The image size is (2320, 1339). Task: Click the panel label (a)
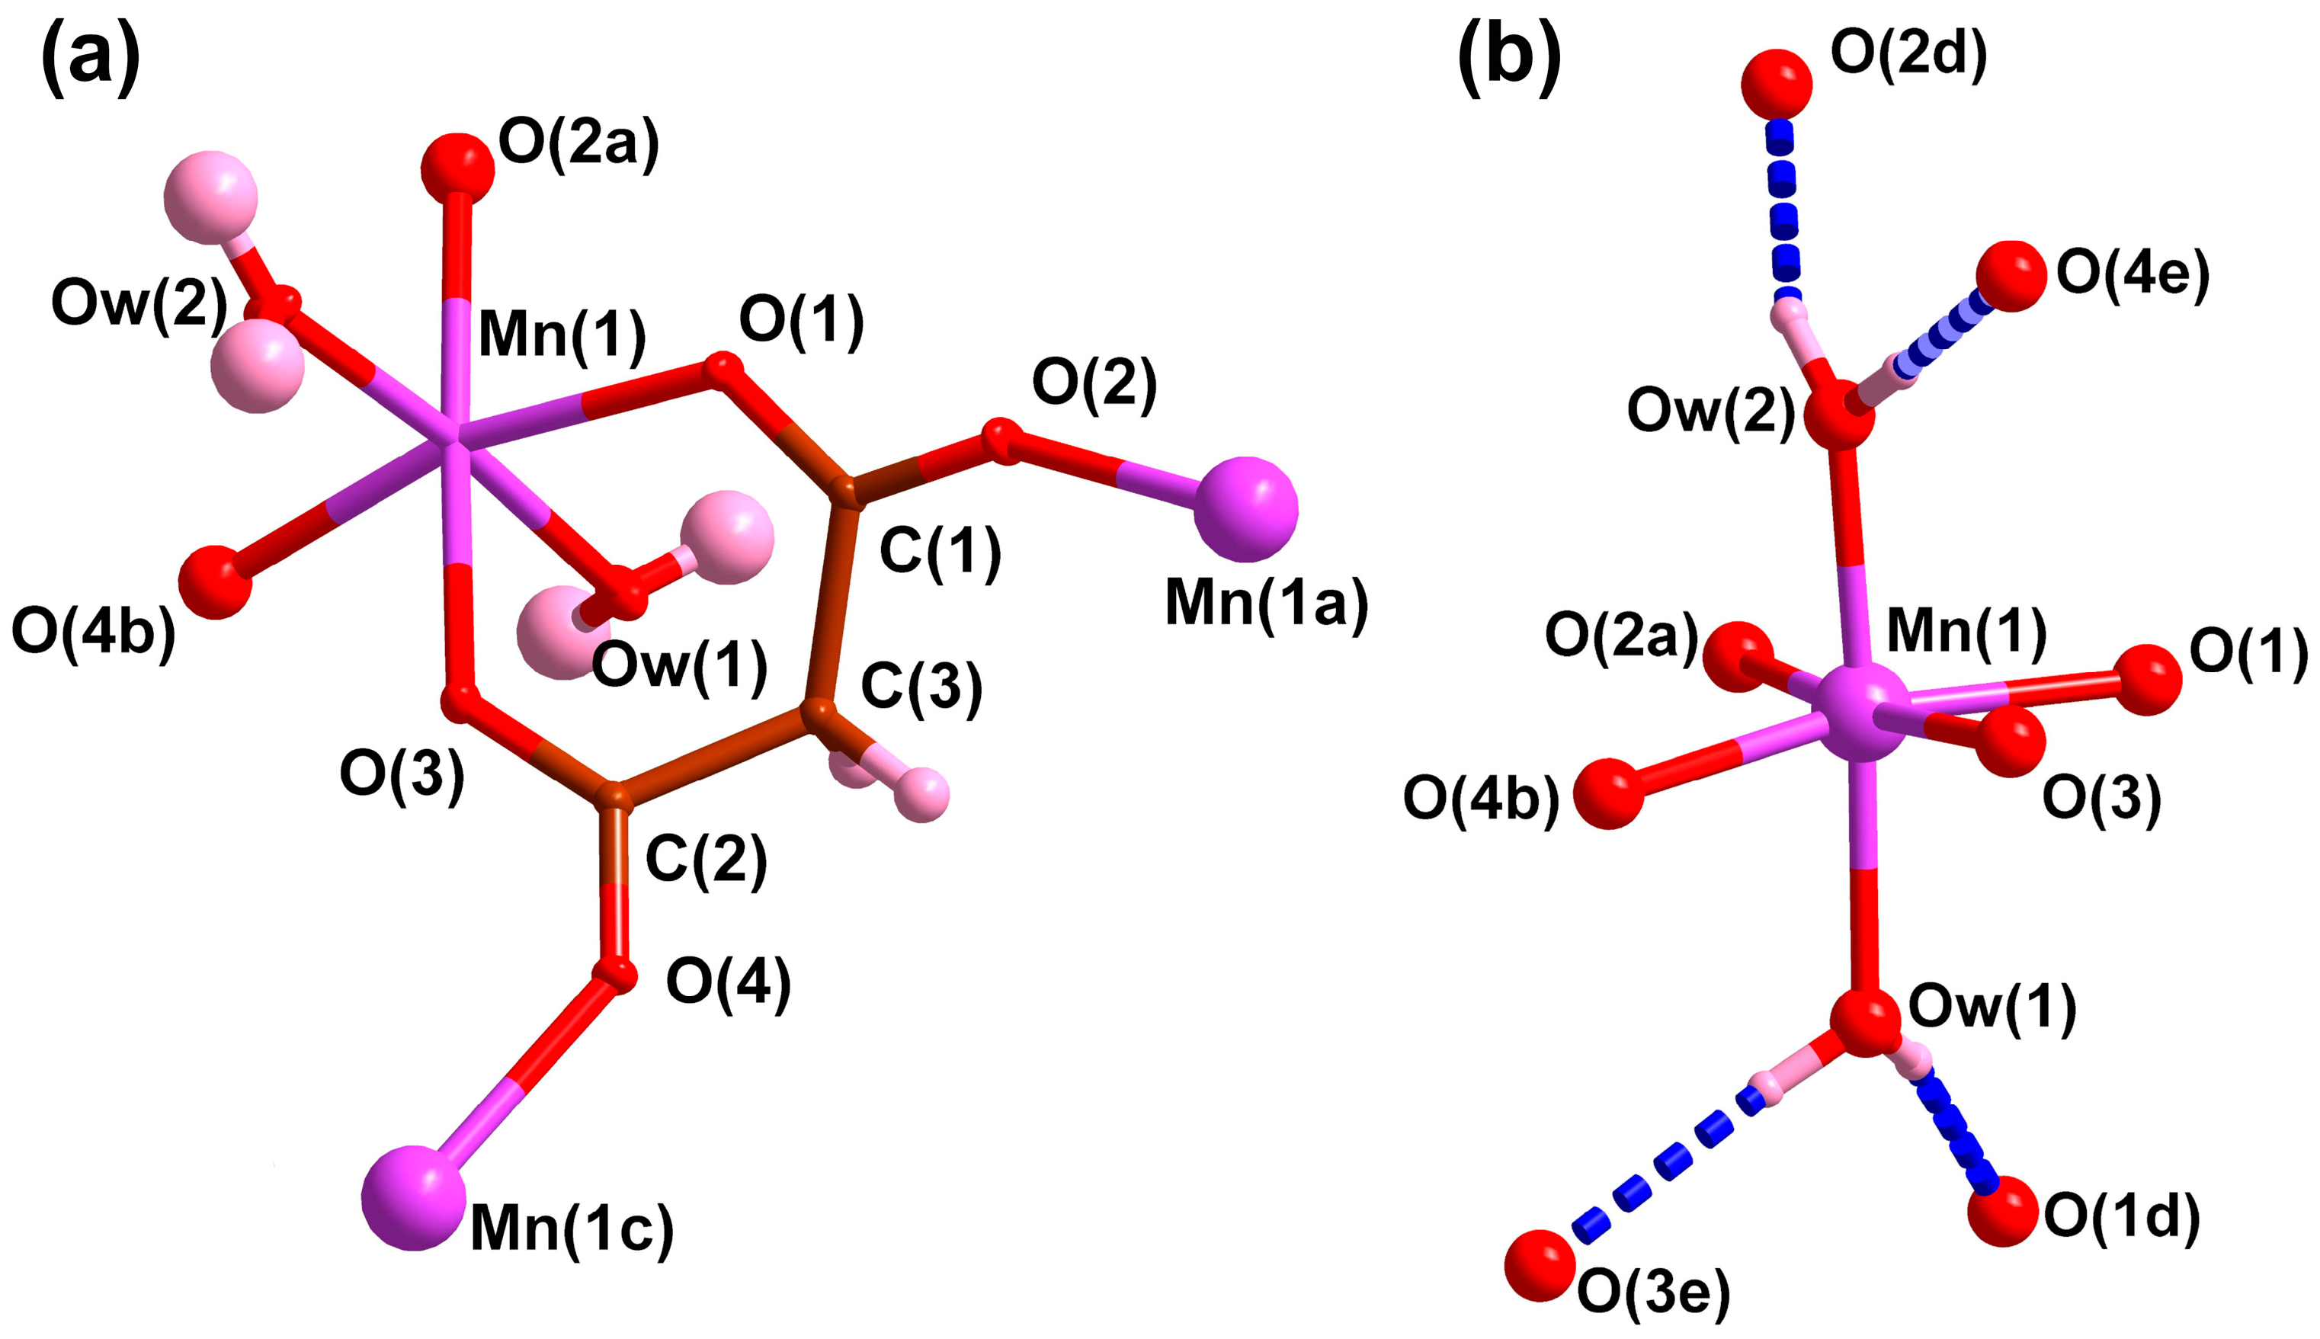[90, 57]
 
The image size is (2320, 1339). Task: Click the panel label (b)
[1509, 57]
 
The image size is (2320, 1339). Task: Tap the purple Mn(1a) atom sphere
[1245, 508]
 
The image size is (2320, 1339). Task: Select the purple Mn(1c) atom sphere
[413, 1196]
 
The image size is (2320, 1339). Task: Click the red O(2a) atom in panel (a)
[457, 169]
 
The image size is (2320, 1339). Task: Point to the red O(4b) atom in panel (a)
[215, 582]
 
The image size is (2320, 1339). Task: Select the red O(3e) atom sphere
[1540, 1265]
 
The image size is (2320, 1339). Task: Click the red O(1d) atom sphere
[2003, 1210]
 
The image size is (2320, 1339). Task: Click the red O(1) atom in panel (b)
[2147, 680]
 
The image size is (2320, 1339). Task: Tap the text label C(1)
[940, 553]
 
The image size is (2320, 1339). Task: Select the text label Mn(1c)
[572, 1228]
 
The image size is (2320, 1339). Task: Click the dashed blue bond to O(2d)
[1783, 212]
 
